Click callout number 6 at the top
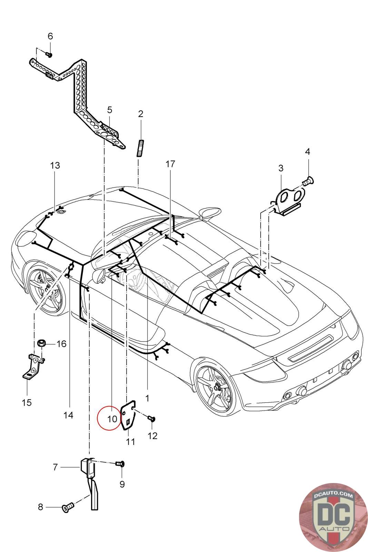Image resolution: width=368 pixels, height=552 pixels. click(50, 36)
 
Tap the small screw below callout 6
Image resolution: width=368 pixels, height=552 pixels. click(49, 54)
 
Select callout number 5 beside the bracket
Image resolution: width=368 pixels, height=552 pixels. click(110, 110)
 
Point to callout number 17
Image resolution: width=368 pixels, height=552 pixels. click(170, 164)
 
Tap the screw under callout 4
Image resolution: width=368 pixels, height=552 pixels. click(308, 181)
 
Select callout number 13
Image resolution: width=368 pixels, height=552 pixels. click(55, 165)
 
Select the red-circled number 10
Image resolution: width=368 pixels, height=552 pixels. click(112, 419)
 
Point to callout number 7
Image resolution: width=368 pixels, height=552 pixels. click(55, 467)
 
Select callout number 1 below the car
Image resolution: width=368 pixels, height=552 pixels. click(147, 398)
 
